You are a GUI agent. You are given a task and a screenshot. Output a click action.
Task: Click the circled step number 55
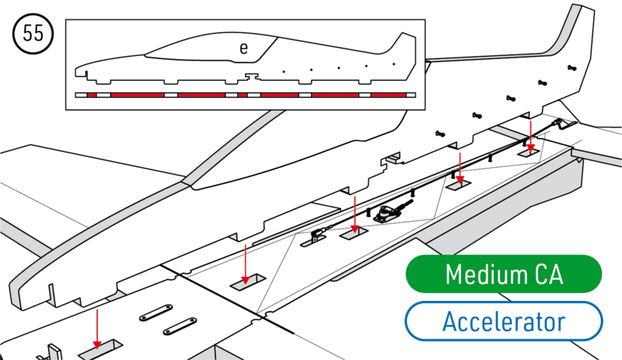click(32, 34)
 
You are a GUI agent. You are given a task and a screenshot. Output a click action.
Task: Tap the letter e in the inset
click(243, 48)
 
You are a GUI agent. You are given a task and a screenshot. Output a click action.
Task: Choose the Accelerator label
click(503, 321)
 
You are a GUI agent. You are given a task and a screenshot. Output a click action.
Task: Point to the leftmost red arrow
click(97, 327)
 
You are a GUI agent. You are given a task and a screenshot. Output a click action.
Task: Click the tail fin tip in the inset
click(404, 36)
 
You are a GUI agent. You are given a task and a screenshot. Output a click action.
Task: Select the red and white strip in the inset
click(246, 95)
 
